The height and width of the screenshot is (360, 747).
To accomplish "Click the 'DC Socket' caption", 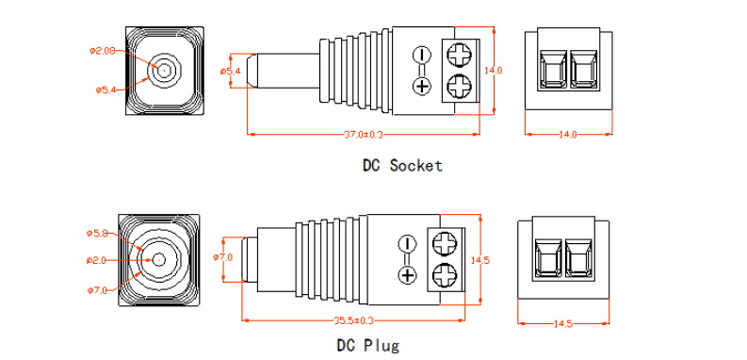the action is pos(402,166).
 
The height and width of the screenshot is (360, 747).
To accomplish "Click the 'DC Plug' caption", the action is pos(368,345).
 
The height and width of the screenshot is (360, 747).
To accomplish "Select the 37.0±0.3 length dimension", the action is pos(364,135).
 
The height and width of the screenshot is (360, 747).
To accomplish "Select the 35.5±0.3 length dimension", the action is pos(353,320).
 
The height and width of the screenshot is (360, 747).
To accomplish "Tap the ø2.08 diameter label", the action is pos(103,51).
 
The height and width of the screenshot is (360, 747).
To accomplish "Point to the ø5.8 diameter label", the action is pos(99,233).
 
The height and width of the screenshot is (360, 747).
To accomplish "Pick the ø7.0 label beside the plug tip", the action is pos(222,257).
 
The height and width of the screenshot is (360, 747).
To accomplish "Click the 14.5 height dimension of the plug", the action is pos(479,260).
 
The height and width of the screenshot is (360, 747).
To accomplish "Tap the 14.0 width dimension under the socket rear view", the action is pos(568,135).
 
